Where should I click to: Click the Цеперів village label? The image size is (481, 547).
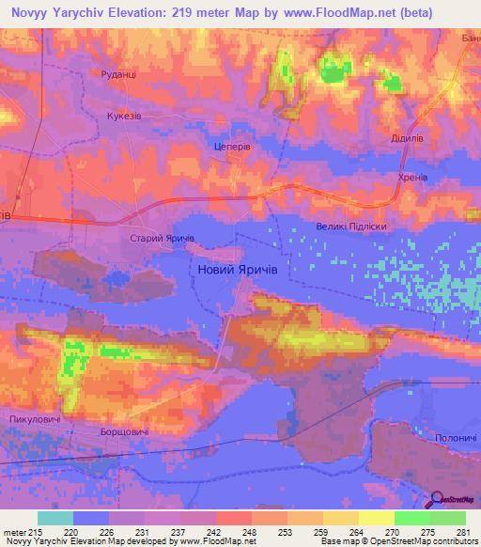232,148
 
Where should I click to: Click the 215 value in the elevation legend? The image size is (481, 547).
38,531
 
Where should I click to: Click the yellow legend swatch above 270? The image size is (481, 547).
376,518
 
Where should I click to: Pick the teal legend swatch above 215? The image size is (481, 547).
55,518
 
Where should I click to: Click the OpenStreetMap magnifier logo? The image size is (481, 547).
438,501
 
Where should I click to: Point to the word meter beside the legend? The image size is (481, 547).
13,531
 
